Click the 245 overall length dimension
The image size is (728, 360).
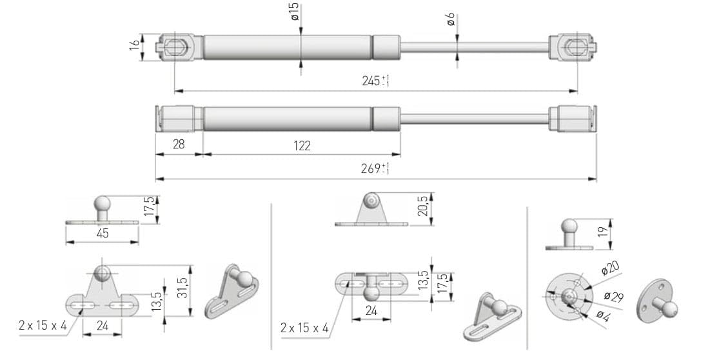coord(375,81)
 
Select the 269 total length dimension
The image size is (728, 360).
coord(374,168)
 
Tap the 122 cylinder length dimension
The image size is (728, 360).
coord(302,146)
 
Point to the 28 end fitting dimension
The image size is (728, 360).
coord(178,145)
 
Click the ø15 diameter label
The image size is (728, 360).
coord(295,12)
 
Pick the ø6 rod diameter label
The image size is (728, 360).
coord(450,19)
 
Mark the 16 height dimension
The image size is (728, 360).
coord(134,46)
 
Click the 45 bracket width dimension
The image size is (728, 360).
coord(103,233)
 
